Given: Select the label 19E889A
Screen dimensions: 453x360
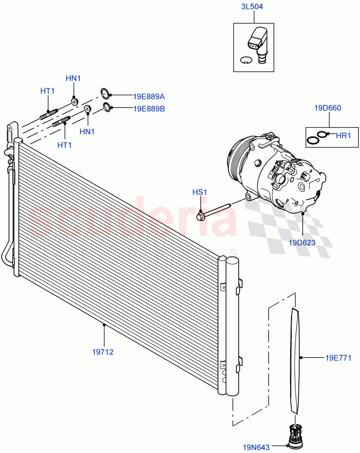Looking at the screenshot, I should tap(149, 97).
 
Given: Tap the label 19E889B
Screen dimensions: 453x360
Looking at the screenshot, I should tap(149, 109).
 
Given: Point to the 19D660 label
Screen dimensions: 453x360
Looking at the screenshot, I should tap(328, 108).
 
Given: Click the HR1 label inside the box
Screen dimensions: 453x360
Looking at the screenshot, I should tap(343, 135).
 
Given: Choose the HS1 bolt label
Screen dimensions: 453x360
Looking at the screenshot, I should tap(200, 192).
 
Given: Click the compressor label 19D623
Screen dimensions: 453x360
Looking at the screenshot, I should tap(302, 243).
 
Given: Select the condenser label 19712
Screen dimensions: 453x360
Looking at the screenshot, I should tap(103, 352).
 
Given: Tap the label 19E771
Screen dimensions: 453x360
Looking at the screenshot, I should tap(338, 358).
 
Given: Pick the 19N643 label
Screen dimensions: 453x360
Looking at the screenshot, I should tap(256, 447).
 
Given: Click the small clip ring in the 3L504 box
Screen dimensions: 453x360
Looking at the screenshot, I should tap(245, 60).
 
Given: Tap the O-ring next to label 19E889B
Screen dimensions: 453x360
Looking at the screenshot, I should tap(107, 107).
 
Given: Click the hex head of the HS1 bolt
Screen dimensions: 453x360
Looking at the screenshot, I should tap(200, 217).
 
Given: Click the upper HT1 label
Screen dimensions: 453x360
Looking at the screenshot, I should tap(48, 91).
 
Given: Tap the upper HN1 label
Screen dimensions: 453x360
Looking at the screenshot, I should tap(73, 79).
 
